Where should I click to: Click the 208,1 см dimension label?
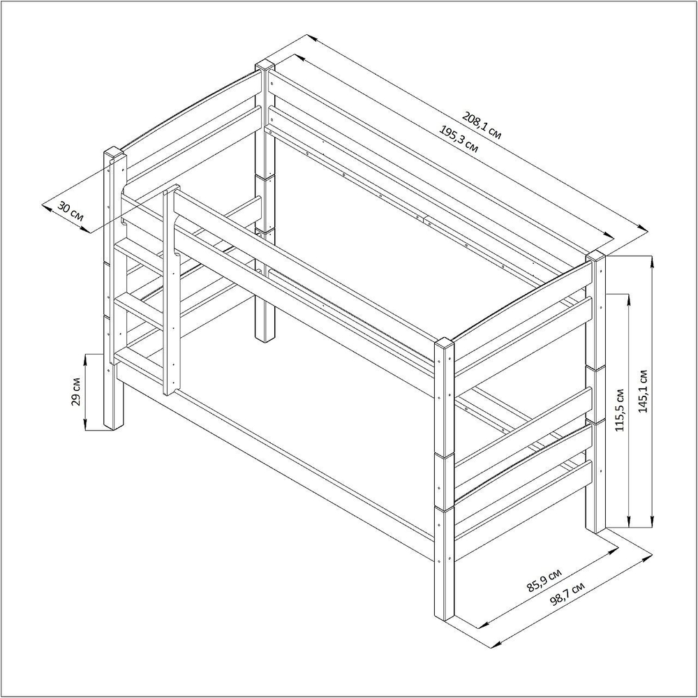pos(482,126)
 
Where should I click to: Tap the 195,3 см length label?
pos(459,139)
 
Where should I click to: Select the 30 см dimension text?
pos(70,212)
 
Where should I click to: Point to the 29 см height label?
pos(76,392)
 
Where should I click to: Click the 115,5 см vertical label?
pos(620,410)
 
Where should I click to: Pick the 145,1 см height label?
pos(643,391)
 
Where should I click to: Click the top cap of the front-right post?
pos(444,343)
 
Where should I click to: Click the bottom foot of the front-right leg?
pos(444,616)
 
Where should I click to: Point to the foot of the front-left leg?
pos(114,426)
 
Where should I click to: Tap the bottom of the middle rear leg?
pos(265,339)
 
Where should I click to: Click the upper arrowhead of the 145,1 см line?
pos(652,262)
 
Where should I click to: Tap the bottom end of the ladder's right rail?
pos(171,392)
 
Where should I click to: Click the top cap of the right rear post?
pos(596,255)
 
